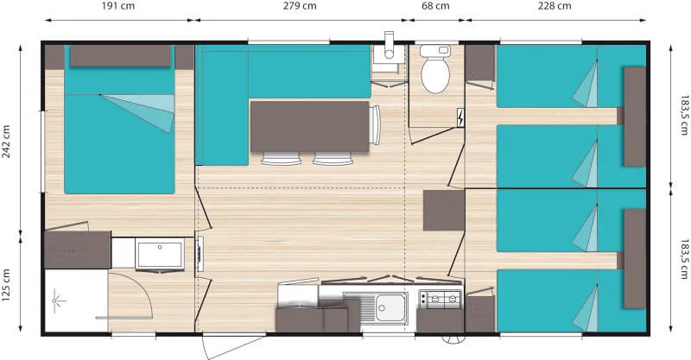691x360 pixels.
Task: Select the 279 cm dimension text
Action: [299, 7]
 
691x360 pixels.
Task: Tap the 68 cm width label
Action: [434, 7]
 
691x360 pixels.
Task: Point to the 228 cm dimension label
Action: [554, 7]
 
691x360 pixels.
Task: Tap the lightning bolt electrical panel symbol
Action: [460, 117]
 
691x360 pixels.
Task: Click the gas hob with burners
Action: [440, 300]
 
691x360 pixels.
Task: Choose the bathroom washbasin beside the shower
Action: [160, 256]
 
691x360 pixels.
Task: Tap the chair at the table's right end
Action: [375, 125]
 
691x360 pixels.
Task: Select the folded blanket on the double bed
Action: [138, 111]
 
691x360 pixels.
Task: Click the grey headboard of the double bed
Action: [119, 56]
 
